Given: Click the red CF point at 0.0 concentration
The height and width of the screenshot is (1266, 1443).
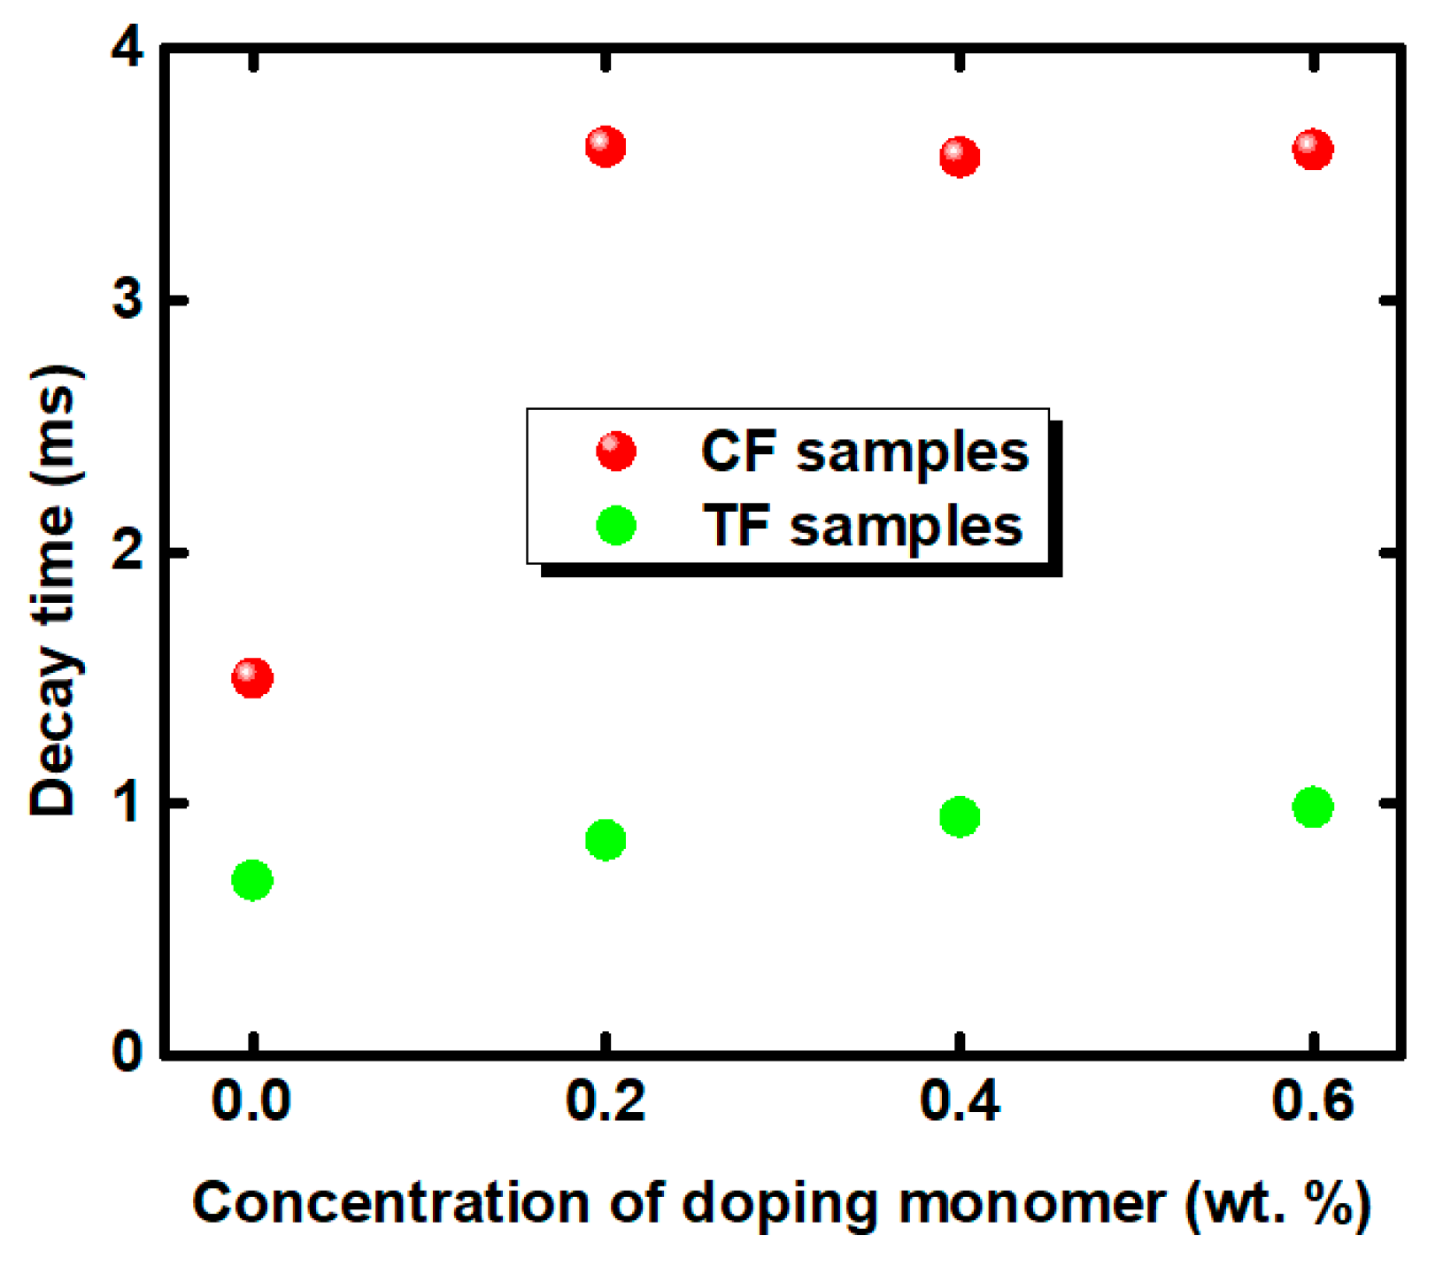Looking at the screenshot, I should (252, 678).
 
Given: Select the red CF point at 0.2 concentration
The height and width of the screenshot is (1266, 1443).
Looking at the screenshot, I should (606, 146).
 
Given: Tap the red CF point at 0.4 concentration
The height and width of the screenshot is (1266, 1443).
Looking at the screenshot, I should (960, 158).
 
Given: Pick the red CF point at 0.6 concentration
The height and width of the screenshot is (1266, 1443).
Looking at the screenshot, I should (1313, 149).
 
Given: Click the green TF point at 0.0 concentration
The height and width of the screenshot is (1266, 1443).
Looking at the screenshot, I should (252, 880).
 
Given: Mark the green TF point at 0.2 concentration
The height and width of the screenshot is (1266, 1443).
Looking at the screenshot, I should (606, 839).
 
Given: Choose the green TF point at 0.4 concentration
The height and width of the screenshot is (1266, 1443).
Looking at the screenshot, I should (960, 816).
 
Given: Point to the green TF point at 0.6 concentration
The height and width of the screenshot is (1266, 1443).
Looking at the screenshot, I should (1313, 807).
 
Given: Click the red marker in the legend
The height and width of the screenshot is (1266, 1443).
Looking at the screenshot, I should (616, 451).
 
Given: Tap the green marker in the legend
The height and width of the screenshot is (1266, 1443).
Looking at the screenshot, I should (616, 525).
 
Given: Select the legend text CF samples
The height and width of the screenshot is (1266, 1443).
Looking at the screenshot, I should (864, 452).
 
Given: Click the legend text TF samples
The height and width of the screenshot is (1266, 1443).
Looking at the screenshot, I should (863, 527).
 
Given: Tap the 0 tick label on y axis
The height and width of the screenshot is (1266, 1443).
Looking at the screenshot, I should (128, 1053).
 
